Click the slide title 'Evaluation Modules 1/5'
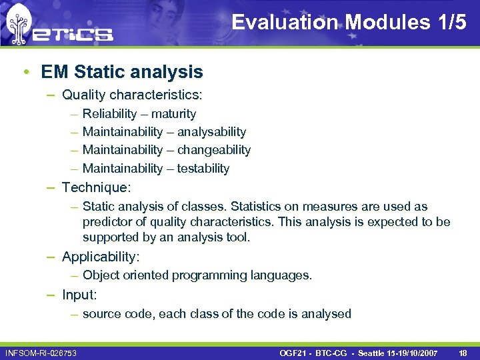[x=349, y=22]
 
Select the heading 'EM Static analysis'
[x=121, y=71]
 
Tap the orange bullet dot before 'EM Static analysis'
[x=25, y=72]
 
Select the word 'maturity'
[x=173, y=114]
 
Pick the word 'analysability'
[x=211, y=132]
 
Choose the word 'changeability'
[x=214, y=150]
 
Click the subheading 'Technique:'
[x=96, y=187]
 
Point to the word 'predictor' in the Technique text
[x=109, y=222]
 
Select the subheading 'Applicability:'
[x=101, y=257]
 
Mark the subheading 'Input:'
[x=79, y=294]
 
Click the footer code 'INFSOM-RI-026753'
[x=40, y=352]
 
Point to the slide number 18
[x=463, y=352]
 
